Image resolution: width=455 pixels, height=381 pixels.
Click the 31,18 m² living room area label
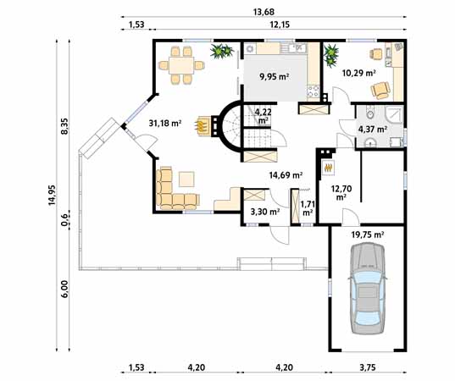click(165, 123)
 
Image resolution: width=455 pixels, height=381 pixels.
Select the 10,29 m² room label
click(358, 73)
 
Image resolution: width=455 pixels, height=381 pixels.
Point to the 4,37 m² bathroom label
click(374, 130)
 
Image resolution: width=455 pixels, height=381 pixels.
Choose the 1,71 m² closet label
click(308, 208)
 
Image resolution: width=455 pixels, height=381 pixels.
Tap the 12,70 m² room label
click(341, 193)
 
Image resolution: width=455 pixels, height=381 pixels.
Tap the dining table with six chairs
click(181, 64)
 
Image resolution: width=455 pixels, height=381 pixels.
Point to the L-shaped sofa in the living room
click(174, 190)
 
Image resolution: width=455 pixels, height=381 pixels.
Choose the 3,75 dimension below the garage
click(368, 368)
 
